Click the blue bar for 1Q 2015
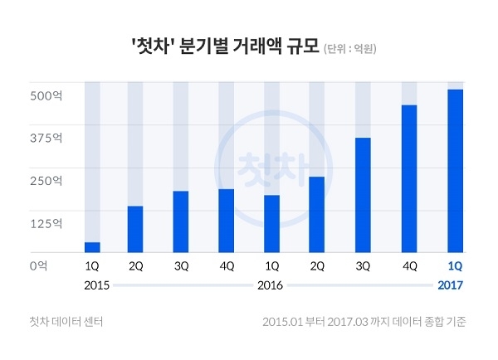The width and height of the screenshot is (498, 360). coord(92,247)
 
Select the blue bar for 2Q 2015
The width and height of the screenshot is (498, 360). coord(135,229)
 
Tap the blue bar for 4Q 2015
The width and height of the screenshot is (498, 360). coord(226,221)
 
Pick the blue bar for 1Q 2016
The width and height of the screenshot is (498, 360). coord(271,223)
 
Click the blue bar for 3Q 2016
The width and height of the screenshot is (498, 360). coord(363,195)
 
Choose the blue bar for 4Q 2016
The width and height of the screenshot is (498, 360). coord(408,178)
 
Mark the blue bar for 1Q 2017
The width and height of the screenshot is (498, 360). coord(455,171)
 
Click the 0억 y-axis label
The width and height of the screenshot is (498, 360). coord(37,265)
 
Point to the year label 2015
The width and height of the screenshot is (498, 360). coord(97,285)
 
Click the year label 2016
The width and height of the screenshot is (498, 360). coord(271,285)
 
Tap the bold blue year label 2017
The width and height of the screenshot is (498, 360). coord(450,285)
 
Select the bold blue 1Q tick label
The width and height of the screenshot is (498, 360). coord(455,266)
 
